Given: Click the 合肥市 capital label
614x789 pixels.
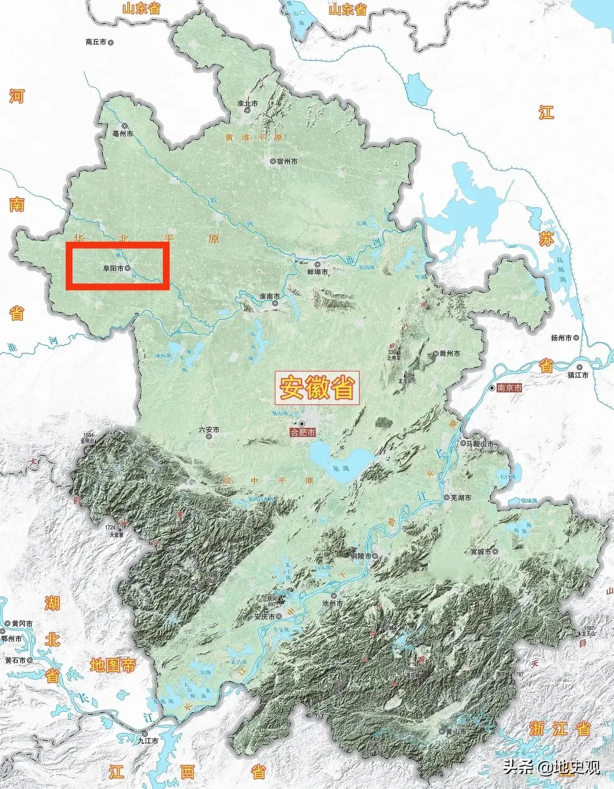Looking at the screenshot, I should point(303,433).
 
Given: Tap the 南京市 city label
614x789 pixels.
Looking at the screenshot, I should point(509,388).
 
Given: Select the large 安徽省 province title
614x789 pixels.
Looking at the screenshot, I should point(317,388).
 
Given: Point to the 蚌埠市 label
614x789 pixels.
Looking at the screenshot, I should point(318,272).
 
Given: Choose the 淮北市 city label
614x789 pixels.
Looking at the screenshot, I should point(248,104).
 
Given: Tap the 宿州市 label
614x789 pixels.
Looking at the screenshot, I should point(287,161).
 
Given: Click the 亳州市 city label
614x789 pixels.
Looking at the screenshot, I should point(123,134).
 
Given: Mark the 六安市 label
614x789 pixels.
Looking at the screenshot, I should point(209,430).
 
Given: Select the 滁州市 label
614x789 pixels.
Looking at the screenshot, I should point(449,353).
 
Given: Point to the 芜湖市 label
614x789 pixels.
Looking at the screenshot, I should point(460,498).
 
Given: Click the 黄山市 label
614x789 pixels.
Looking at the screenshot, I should point(456,732).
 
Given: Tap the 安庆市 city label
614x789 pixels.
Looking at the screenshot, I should point(265,617).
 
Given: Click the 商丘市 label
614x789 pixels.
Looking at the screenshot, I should point(96,42).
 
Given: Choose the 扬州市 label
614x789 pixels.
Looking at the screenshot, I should point(562,338).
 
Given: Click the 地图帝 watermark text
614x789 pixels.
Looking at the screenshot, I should point(113,666).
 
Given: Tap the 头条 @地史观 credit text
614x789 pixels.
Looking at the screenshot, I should point(552,767).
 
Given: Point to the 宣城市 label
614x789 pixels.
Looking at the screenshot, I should point(481,552).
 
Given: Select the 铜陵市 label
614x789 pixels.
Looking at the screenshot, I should point(361,556).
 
